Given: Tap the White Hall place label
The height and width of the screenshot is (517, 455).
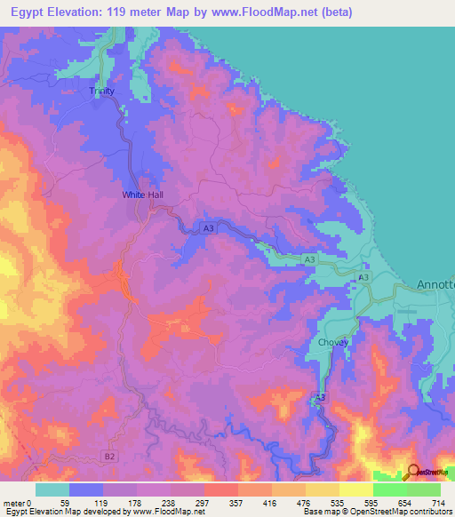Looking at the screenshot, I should [x=143, y=195].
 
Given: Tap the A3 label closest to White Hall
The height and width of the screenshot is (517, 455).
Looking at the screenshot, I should [x=208, y=228].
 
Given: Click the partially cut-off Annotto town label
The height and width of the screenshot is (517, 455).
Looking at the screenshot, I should [x=435, y=285].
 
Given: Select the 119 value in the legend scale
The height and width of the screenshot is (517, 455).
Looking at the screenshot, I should [x=103, y=504].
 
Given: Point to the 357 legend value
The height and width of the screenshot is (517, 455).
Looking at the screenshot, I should [x=238, y=504].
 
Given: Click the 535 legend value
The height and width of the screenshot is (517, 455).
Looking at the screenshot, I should [x=339, y=504].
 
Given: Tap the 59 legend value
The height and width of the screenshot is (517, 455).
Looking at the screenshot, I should [x=69, y=504].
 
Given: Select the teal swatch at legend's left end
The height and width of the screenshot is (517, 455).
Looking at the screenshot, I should [x=52, y=489].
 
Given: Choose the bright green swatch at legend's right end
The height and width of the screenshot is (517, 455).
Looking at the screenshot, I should [x=423, y=489].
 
